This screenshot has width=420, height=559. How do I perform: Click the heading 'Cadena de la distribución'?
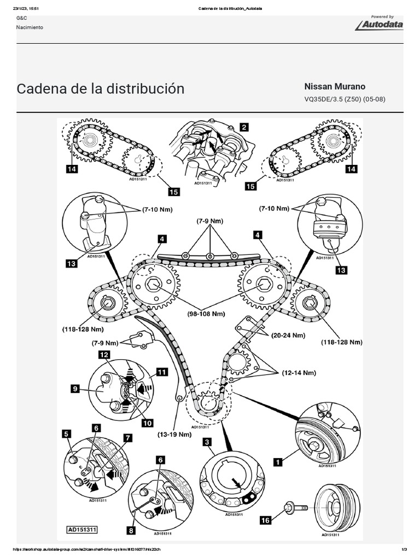(x=101, y=89)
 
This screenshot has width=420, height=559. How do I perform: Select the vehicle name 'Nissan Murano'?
(x=335, y=87)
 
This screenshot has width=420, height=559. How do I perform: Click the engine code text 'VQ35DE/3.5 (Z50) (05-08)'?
(x=344, y=100)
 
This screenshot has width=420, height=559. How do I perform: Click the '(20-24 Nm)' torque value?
(x=286, y=337)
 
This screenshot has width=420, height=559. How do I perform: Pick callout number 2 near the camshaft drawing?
(x=243, y=127)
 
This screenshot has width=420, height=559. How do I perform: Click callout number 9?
(x=75, y=389)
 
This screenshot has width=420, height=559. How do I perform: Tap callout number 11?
(x=161, y=372)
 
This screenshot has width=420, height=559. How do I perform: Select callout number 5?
(x=67, y=434)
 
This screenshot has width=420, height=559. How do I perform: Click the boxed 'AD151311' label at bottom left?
(x=82, y=529)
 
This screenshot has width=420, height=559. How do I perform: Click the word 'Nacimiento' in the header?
(x=30, y=27)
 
